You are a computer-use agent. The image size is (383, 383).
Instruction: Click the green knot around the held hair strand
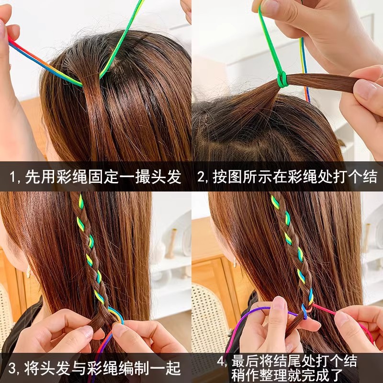pos(282,79)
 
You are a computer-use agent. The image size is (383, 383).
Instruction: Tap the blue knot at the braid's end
pos(304,311)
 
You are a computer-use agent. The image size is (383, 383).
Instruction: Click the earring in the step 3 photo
pos(29,272)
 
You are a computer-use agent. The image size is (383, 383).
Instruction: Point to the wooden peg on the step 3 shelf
pos(171,243)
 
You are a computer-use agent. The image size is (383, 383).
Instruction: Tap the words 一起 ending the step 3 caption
pos(169,369)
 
